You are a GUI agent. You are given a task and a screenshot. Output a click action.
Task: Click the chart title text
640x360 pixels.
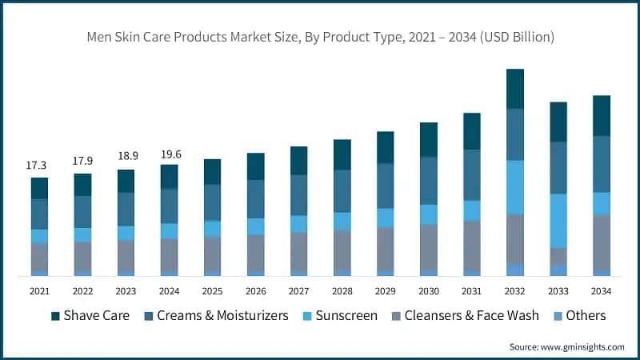(x=320, y=37)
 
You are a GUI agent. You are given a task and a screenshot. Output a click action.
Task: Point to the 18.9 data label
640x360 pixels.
(x=126, y=158)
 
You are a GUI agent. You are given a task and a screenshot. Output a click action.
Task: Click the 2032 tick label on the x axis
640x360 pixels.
(x=514, y=290)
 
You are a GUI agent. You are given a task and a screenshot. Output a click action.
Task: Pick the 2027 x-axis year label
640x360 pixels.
(x=298, y=290)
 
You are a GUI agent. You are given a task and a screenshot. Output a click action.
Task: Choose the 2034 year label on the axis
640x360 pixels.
(x=601, y=290)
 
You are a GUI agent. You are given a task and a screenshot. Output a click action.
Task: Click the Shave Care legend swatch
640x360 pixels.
(x=56, y=316)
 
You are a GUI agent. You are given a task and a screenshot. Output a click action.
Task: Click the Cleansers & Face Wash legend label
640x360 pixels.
(x=470, y=316)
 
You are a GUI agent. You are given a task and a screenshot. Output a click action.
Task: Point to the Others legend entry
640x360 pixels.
(x=586, y=316)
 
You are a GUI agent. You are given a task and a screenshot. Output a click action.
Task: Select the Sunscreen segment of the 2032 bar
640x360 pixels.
(x=514, y=187)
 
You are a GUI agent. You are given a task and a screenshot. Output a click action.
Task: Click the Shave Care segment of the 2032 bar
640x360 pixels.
(x=514, y=89)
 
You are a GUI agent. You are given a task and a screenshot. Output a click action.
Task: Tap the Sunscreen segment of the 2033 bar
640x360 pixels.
(x=558, y=221)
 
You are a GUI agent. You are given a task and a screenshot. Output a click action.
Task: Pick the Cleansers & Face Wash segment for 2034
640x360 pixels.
(x=601, y=243)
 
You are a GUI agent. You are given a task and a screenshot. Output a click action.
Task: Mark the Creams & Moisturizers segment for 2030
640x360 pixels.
(x=428, y=180)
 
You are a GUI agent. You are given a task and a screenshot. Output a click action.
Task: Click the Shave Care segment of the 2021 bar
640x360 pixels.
(x=39, y=188)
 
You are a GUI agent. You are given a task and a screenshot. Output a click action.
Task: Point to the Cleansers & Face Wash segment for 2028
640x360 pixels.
(x=342, y=250)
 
